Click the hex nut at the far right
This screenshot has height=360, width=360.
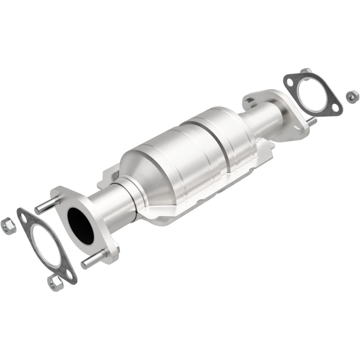[352, 95]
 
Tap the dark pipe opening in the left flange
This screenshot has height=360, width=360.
[81, 225]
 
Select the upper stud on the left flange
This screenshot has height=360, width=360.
[46, 206]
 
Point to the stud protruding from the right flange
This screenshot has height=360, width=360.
[310, 121]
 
